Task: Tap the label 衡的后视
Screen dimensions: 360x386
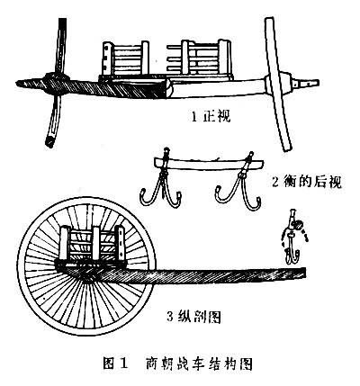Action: tap(313, 182)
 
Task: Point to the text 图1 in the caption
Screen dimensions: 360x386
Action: tap(115, 364)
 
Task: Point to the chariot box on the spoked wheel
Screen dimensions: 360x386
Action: tap(92, 245)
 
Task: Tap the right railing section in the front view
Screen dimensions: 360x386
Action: tap(199, 58)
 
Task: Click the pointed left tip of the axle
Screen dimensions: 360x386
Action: tap(18, 82)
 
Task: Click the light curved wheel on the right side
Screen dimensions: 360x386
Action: tap(277, 83)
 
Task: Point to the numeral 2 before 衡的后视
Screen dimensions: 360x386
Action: tap(275, 182)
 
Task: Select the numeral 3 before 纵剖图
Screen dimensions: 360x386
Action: tap(171, 317)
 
